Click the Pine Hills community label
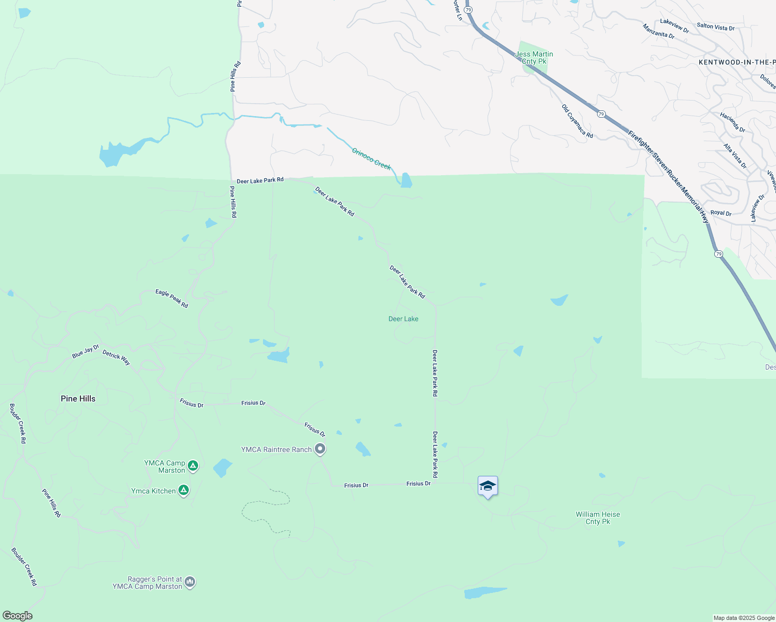pyautogui.click(x=78, y=399)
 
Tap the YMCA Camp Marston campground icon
pyautogui.click(x=193, y=466)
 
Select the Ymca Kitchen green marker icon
pyautogui.click(x=183, y=490)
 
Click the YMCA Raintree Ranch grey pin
pyautogui.click(x=321, y=449)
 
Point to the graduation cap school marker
pyautogui.click(x=488, y=486)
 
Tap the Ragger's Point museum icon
pyautogui.click(x=190, y=582)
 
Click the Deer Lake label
pyautogui.click(x=403, y=319)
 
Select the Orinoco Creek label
pyautogui.click(x=371, y=159)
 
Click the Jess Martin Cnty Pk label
pyautogui.click(x=534, y=58)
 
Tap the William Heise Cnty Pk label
pyautogui.click(x=598, y=518)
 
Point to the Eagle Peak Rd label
pyautogui.click(x=172, y=299)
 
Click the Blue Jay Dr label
pyautogui.click(x=85, y=351)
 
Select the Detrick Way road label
pyautogui.click(x=116, y=358)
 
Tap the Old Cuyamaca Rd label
pyautogui.click(x=577, y=121)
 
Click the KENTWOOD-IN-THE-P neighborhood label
pyautogui.click(x=737, y=62)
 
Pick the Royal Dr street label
pyautogui.click(x=720, y=213)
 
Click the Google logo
pyautogui.click(x=17, y=616)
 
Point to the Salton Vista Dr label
pyautogui.click(x=715, y=27)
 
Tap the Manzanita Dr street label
pyautogui.click(x=658, y=31)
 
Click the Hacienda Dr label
pyautogui.click(x=732, y=122)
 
